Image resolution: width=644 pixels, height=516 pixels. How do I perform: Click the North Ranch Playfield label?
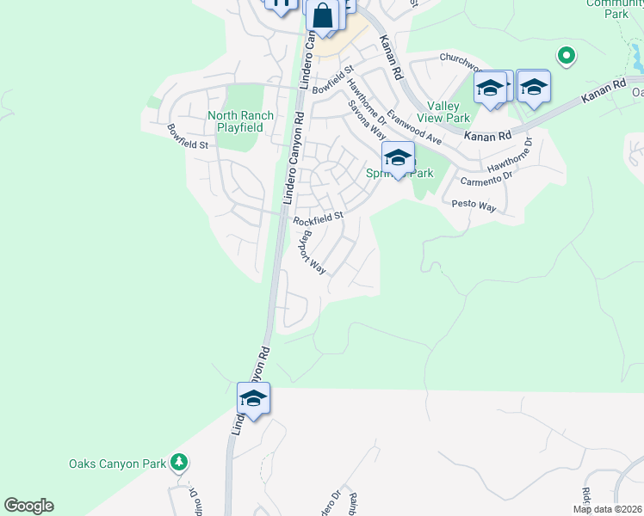tap(240, 121)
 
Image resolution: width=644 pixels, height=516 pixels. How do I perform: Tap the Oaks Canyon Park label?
tap(117, 464)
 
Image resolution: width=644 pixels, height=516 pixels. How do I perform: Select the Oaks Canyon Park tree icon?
tap(178, 463)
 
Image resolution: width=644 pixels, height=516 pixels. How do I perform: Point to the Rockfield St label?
tap(318, 218)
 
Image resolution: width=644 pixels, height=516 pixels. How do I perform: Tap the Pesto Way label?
tap(474, 206)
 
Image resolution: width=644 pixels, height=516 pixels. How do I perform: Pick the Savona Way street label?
tap(367, 119)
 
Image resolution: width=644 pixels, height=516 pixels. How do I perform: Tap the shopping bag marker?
tap(321, 16)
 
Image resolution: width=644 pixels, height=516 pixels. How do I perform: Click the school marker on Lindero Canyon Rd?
tap(254, 398)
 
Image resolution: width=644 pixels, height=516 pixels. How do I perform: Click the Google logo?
tap(28, 506)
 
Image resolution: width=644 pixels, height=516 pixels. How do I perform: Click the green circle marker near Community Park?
tap(566, 57)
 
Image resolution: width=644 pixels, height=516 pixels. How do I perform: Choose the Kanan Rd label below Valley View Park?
tap(487, 136)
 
